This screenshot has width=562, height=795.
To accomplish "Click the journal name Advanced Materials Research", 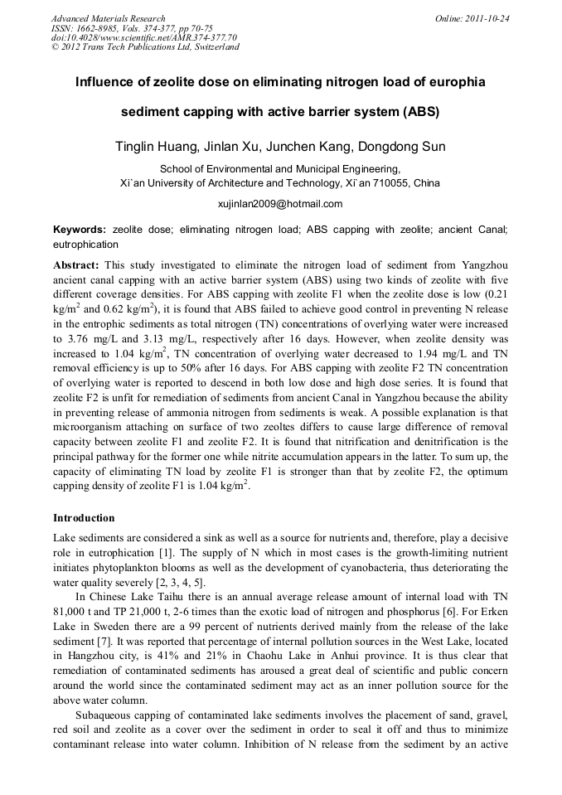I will tap(108, 18).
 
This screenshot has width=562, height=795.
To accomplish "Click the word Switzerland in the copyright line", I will tap(211, 47).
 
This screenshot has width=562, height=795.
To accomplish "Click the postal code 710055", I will tap(389, 183).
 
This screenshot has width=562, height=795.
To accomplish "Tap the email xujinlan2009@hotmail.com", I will tap(280, 204).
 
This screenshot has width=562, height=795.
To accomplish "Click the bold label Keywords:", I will tap(80, 229).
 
